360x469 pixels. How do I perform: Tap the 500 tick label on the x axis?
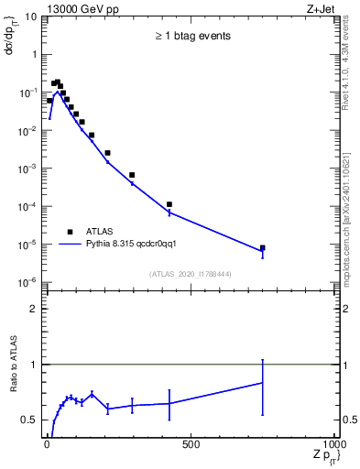pyautogui.click(x=191, y=444)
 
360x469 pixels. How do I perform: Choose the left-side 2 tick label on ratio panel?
pyautogui.click(x=33, y=309)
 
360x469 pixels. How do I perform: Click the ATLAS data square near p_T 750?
pyautogui.click(x=263, y=247)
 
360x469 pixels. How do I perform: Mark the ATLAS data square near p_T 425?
pyautogui.click(x=169, y=204)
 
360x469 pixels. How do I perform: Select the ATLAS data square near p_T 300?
pyautogui.click(x=132, y=175)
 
